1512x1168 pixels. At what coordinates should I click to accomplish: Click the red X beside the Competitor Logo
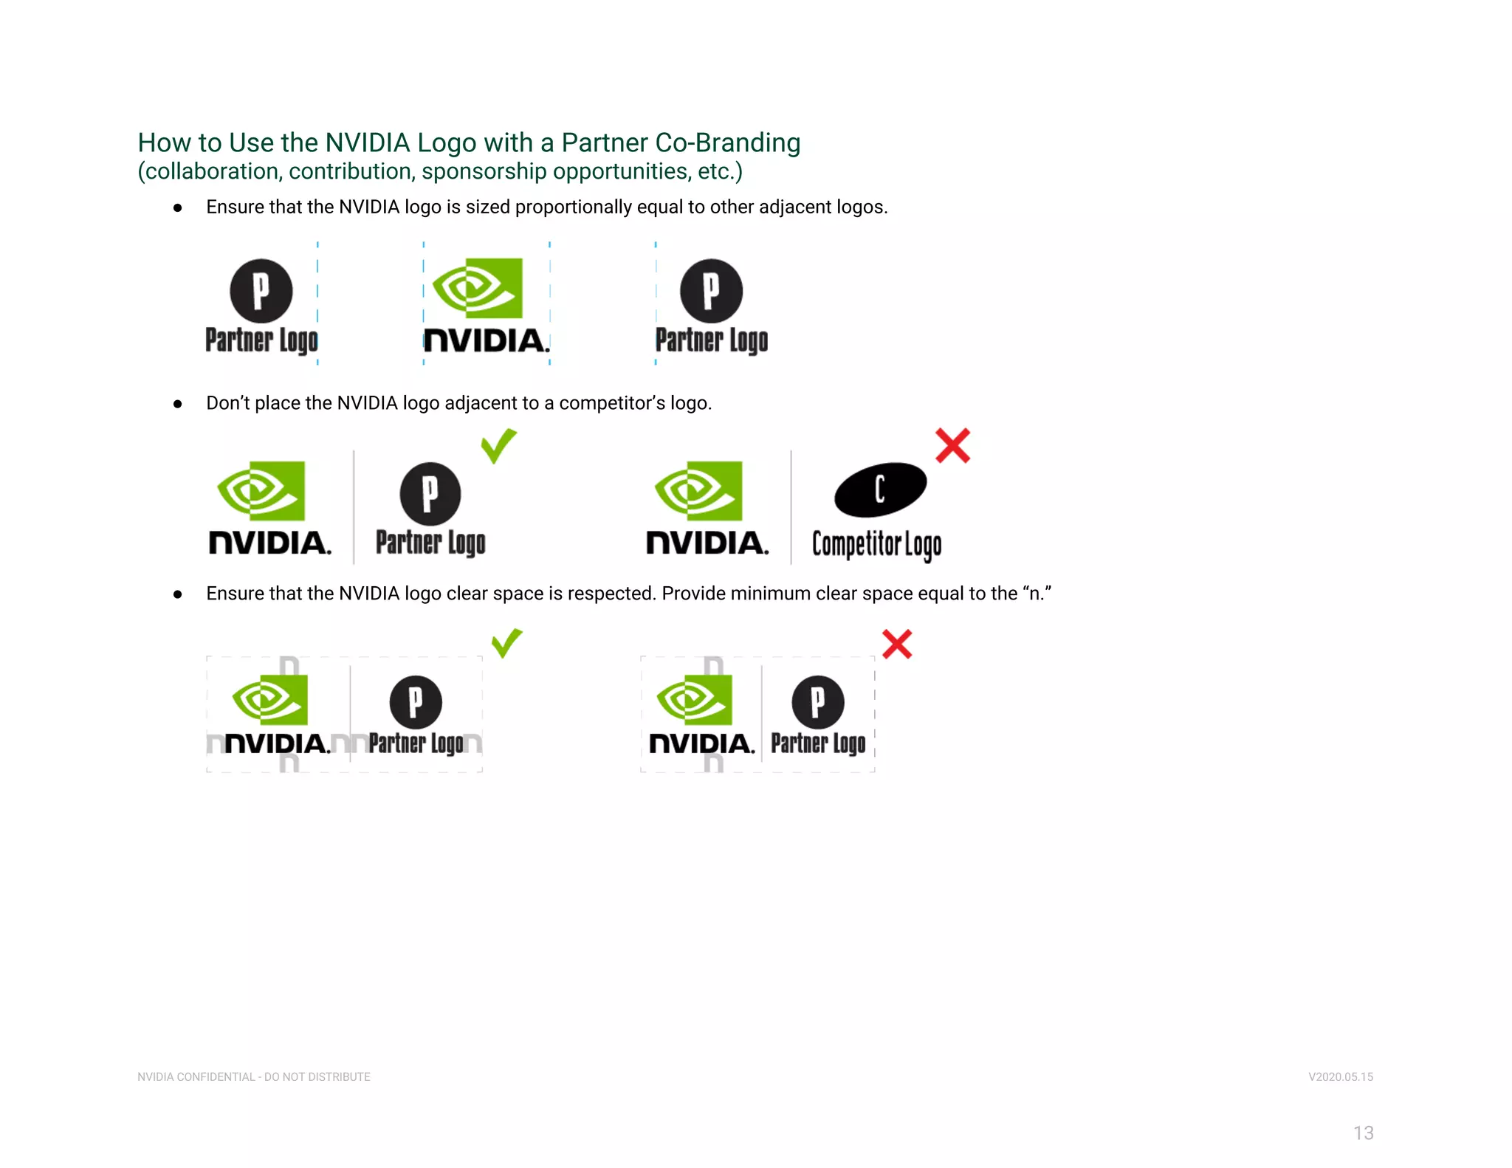pyautogui.click(x=952, y=446)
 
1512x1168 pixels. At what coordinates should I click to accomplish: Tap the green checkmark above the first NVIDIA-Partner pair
pyautogui.click(x=498, y=446)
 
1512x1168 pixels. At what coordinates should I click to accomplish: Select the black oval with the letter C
pyautogui.click(x=880, y=489)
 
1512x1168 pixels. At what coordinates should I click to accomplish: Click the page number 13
pyautogui.click(x=1363, y=1133)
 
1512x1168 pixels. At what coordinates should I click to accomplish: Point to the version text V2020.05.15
pyautogui.click(x=1340, y=1077)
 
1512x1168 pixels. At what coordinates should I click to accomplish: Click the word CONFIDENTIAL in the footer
pyautogui.click(x=216, y=1077)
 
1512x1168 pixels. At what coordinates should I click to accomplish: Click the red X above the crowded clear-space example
pyautogui.click(x=897, y=645)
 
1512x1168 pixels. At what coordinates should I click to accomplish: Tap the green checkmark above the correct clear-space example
pyautogui.click(x=506, y=643)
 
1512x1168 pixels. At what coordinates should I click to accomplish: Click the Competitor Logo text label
pyautogui.click(x=876, y=545)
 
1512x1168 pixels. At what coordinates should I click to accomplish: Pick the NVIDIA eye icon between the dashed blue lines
pyautogui.click(x=478, y=288)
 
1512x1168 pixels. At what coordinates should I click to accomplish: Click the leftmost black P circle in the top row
pyautogui.click(x=261, y=291)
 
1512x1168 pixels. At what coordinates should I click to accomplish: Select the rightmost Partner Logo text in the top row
pyautogui.click(x=712, y=340)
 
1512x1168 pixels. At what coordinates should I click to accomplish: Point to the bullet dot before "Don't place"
pyautogui.click(x=177, y=404)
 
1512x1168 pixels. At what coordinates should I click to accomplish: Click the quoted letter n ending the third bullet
pyautogui.click(x=1037, y=594)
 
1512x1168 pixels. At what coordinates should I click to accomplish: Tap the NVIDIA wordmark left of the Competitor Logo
pyautogui.click(x=707, y=543)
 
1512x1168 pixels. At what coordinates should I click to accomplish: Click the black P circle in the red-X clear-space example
pyautogui.click(x=817, y=701)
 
